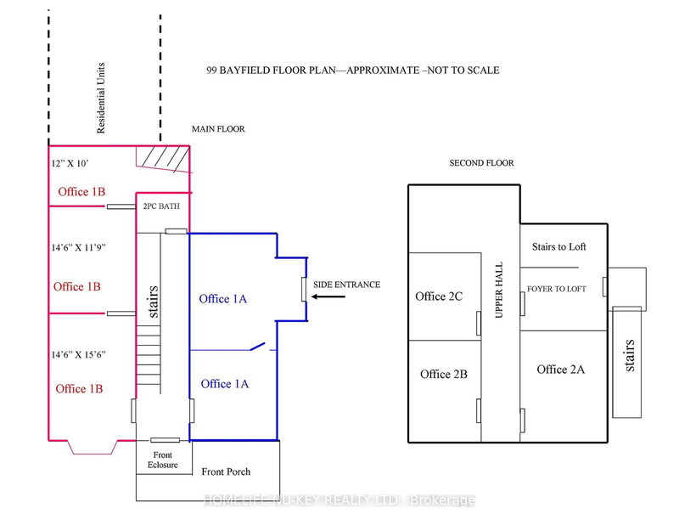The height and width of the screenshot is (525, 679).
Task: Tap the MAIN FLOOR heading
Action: [219, 129]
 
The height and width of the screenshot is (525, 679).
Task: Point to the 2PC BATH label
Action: [162, 206]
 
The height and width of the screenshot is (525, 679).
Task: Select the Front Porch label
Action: [226, 471]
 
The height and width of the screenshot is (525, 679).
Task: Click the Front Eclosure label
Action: [162, 460]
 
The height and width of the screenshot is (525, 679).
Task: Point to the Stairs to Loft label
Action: [558, 247]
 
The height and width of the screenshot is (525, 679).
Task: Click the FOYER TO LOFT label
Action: [557, 289]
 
